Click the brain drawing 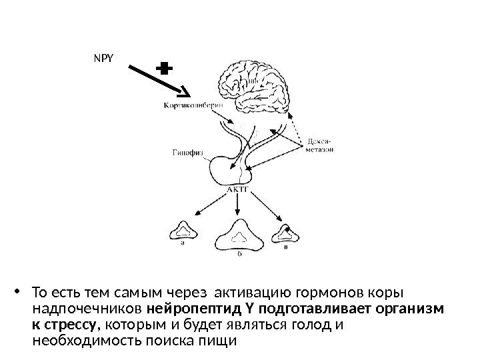(x=257, y=85)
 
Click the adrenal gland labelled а (x=181, y=230)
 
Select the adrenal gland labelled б (x=239, y=235)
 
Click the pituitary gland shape (x=230, y=170)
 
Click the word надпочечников (x=87, y=309)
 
